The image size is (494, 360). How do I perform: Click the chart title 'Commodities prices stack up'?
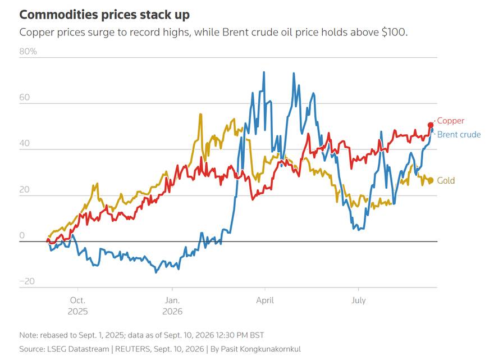[104, 15]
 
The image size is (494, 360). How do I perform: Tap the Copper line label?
[451, 121]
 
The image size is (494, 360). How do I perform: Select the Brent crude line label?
[459, 135]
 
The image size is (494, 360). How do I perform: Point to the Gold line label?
[446, 180]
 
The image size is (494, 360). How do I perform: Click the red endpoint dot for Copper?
[431, 125]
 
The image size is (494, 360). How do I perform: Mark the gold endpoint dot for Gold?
[431, 180]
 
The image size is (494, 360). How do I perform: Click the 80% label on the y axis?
[28, 51]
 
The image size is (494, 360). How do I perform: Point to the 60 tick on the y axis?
[24, 97]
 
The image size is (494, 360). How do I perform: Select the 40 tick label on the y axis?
[24, 143]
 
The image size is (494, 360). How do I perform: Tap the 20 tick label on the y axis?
[24, 189]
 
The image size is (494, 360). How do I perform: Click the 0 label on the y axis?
[22, 235]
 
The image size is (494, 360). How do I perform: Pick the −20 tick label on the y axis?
[27, 281]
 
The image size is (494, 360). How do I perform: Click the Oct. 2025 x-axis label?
[78, 306]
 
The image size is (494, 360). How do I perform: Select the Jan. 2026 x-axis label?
[172, 306]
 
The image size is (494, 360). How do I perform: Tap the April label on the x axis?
[265, 300]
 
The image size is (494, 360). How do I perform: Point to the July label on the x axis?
[359, 300]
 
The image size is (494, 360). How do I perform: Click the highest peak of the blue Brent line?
[264, 72]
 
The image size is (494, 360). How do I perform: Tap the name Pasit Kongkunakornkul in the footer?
[261, 349]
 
